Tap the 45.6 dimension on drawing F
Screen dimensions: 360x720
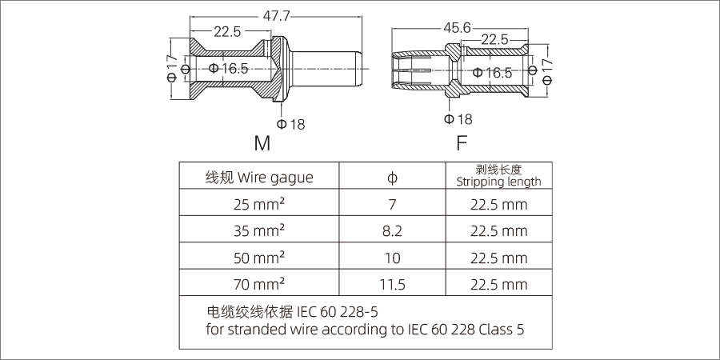(x=457, y=28)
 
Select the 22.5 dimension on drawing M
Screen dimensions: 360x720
(x=227, y=32)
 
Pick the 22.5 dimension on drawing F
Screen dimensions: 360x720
(x=494, y=40)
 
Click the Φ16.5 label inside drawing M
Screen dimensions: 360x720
(x=229, y=69)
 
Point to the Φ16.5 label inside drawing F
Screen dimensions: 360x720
(x=492, y=73)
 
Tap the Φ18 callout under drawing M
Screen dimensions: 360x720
(x=290, y=124)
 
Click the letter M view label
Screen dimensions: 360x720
(x=262, y=144)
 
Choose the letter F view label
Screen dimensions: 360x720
(x=462, y=144)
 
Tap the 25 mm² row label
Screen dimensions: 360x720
(x=259, y=204)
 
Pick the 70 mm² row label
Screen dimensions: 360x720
(x=259, y=283)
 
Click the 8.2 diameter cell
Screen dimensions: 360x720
(x=392, y=230)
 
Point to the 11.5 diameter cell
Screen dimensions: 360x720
(x=392, y=283)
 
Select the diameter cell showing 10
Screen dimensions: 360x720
(x=392, y=257)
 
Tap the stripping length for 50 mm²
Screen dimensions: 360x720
(x=498, y=257)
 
